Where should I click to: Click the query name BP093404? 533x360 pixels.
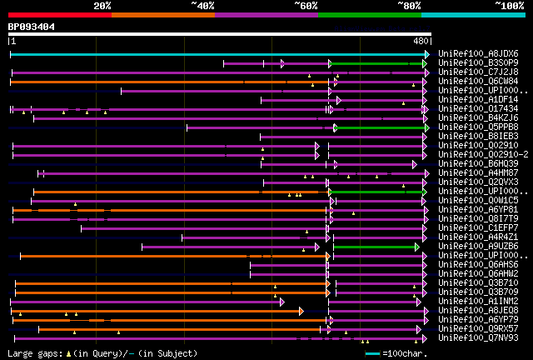pos(32,27)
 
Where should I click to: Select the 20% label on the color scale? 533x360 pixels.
pos(102,6)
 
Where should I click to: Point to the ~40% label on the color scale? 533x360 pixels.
pos(202,6)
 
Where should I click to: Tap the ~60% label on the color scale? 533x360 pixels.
pos(306,6)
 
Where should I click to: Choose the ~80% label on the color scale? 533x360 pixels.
pos(409,6)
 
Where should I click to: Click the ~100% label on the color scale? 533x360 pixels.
pos(508,6)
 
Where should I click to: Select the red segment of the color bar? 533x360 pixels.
pos(59,15)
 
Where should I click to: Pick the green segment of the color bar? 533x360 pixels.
pos(369,15)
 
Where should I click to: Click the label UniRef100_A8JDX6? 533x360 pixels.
pos(478,54)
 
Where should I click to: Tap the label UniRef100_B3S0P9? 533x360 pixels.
pos(478,63)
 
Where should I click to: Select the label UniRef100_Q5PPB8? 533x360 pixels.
pos(478,127)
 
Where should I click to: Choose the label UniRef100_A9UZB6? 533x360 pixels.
pos(478,247)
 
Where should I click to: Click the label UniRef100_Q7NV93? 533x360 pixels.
pos(478,338)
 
